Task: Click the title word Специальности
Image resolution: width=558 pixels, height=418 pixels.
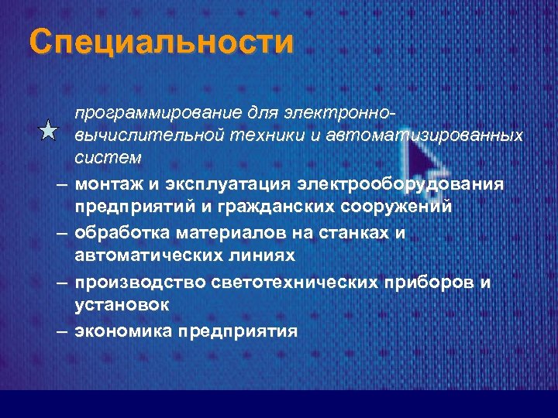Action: click(162, 42)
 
